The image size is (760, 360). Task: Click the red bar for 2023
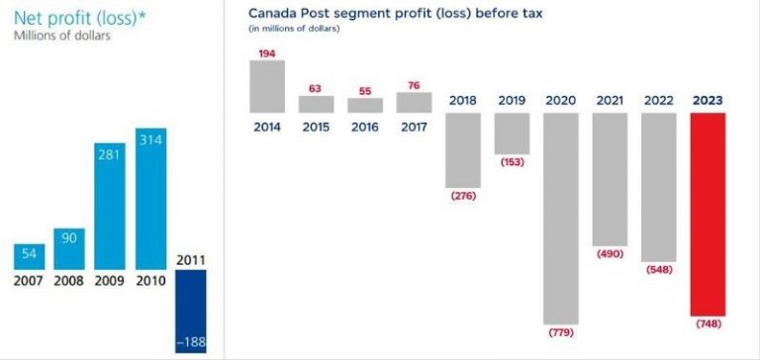coord(708,215)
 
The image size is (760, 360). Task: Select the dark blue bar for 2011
coord(190,312)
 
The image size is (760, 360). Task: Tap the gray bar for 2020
coord(561,219)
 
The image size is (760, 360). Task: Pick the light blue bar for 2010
coord(150,199)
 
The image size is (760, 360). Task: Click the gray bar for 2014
coord(267,86)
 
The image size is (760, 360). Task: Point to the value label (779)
coord(561,333)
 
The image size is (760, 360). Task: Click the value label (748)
coord(709,324)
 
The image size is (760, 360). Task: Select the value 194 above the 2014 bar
coord(267,53)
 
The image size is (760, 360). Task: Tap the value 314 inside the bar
coord(150,139)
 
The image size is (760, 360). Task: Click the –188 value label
coord(190,343)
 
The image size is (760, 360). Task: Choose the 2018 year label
coord(463,101)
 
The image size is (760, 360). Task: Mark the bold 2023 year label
coord(708,101)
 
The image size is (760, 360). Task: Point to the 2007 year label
coord(28,281)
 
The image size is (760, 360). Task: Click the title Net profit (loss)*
coord(80,18)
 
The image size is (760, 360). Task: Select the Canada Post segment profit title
coord(396,13)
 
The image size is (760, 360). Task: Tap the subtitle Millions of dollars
coord(62,36)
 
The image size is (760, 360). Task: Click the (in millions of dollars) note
coord(294,29)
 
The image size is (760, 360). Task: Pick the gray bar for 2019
coord(512,134)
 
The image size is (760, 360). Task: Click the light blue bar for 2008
coord(69,249)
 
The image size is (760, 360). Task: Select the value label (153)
coord(513,162)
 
